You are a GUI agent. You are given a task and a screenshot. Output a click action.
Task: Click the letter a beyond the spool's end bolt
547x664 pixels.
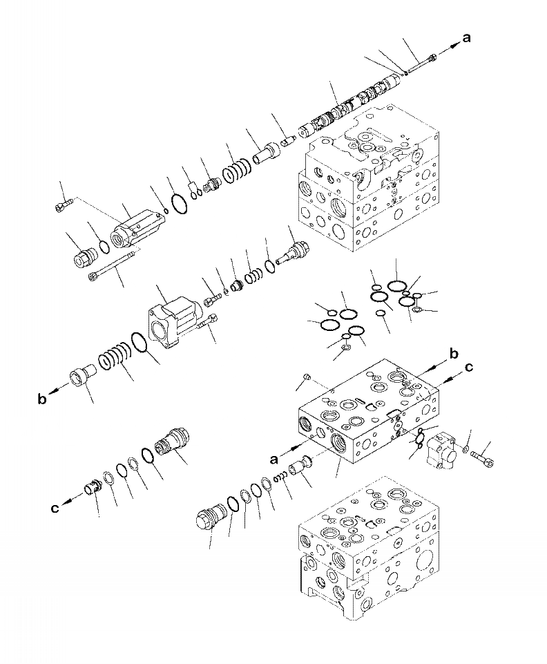click(x=468, y=39)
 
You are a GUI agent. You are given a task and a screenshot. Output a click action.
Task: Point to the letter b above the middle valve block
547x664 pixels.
click(x=454, y=354)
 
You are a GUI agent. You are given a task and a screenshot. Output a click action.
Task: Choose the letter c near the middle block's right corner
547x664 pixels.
click(x=469, y=368)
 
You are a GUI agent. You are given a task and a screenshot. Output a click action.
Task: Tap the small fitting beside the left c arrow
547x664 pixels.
click(x=91, y=488)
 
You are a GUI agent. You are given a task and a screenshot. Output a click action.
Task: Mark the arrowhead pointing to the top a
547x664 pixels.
click(x=454, y=44)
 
